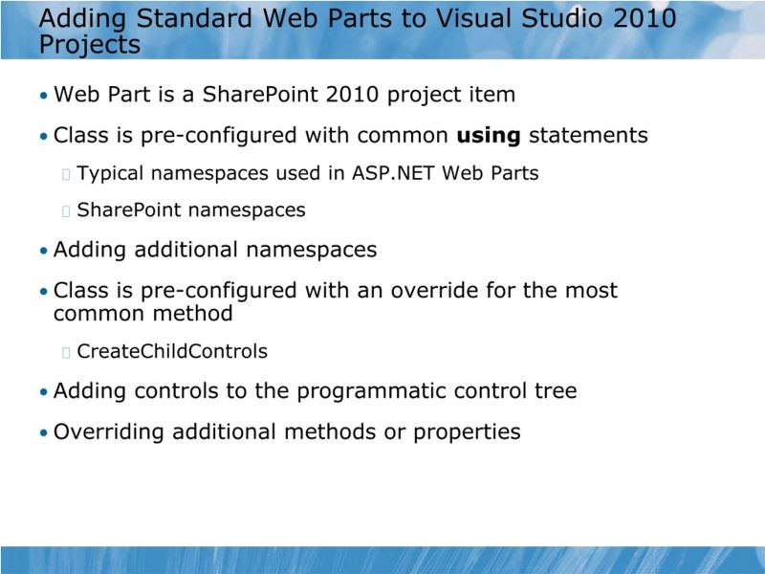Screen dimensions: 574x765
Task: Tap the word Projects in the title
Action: click(x=91, y=44)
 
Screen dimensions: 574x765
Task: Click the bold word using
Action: click(x=489, y=136)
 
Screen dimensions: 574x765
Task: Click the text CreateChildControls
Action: click(x=172, y=352)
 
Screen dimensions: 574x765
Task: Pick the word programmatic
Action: click(x=365, y=391)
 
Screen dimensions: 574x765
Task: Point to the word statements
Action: click(x=588, y=136)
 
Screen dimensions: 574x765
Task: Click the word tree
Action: click(x=555, y=391)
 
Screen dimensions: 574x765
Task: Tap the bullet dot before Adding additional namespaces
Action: click(x=43, y=252)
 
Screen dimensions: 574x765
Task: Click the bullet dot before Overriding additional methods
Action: click(x=43, y=433)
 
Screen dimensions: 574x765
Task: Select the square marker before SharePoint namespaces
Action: click(x=65, y=210)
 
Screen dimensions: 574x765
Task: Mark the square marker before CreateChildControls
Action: click(x=65, y=353)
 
